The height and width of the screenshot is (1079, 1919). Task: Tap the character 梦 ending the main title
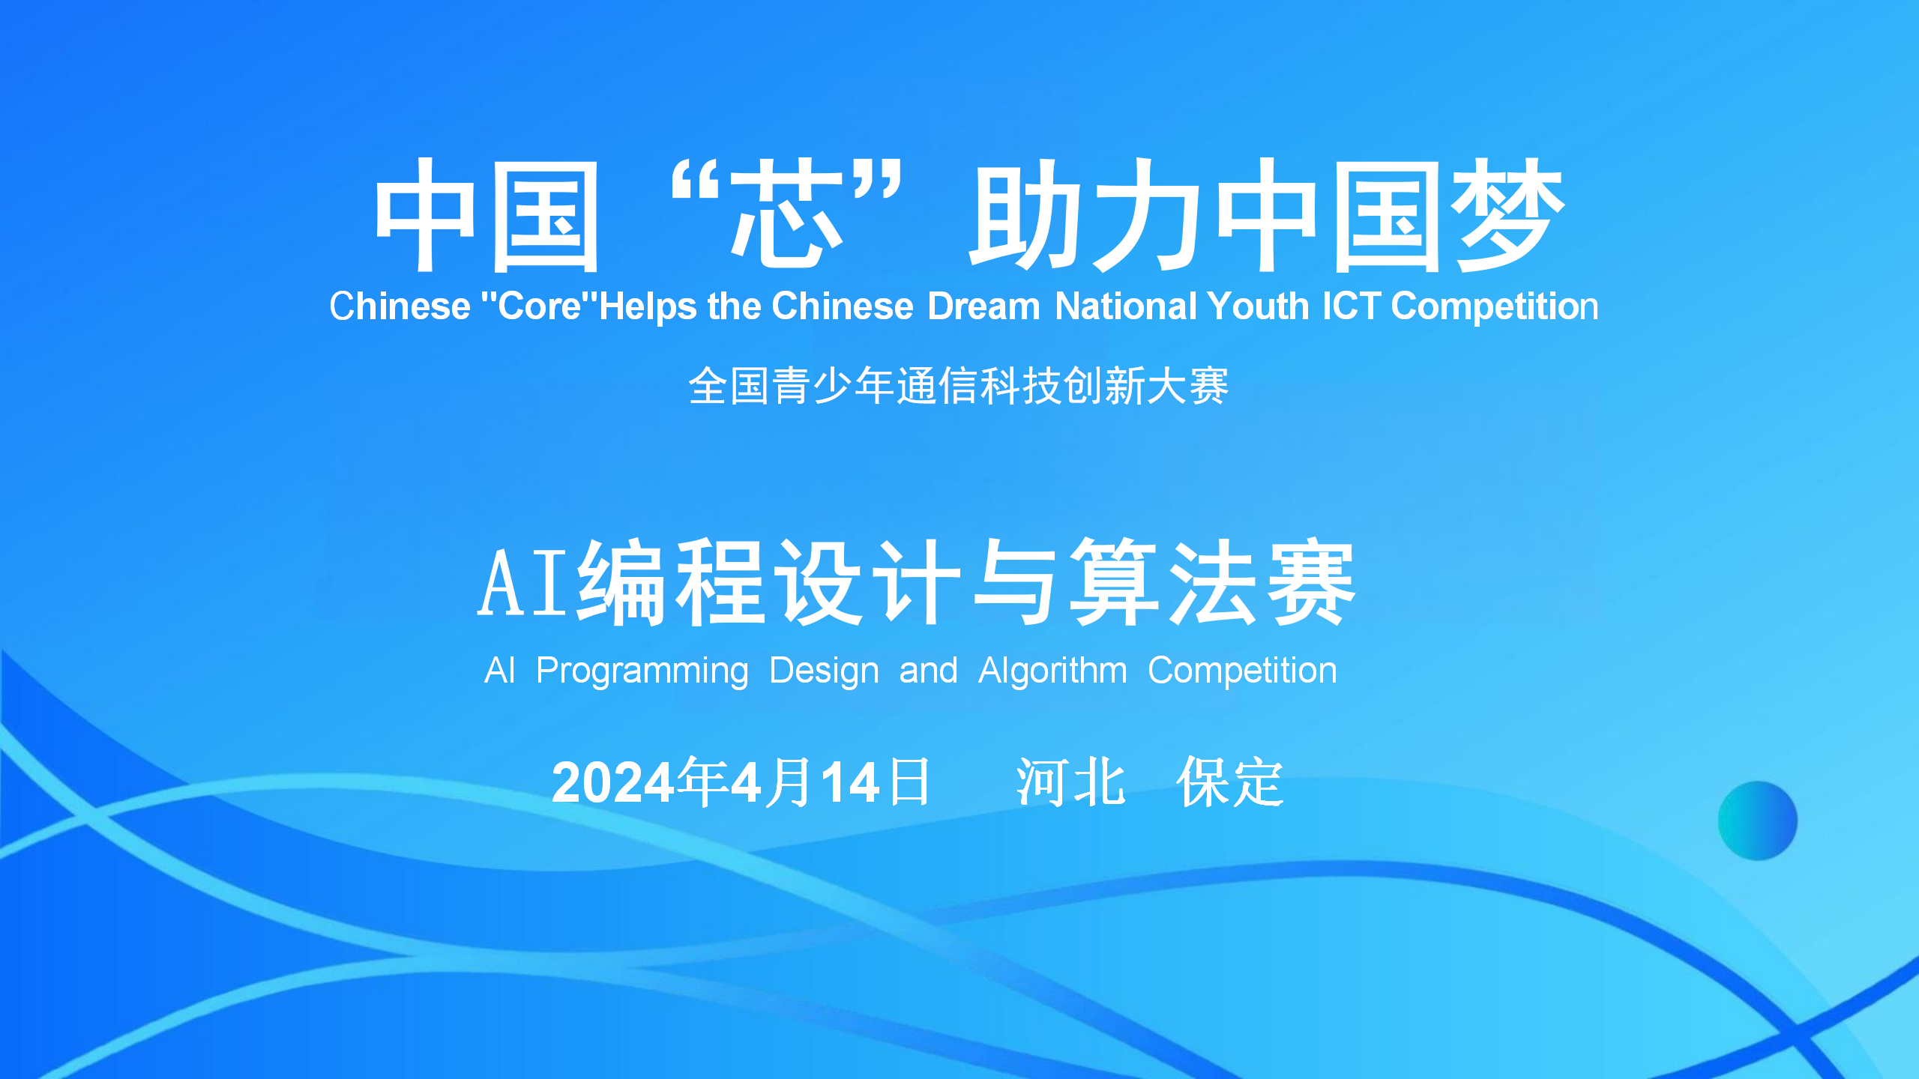tap(1507, 215)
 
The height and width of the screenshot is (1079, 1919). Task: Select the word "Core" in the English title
tap(539, 306)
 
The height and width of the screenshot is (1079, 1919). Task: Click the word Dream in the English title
tap(983, 306)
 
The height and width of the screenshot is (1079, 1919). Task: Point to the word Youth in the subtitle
tap(1258, 306)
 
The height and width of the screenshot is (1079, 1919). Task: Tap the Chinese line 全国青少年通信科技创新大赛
tap(958, 386)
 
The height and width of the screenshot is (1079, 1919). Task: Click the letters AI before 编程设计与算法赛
tap(523, 583)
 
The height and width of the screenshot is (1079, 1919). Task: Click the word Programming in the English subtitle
tap(642, 671)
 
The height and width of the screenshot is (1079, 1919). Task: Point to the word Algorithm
tap(1052, 671)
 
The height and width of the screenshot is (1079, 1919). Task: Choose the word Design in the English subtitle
tap(824, 671)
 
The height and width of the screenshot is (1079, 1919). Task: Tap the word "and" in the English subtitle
tap(928, 671)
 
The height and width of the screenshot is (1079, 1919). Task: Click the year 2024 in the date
tap(613, 783)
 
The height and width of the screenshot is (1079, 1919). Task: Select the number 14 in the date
tap(850, 783)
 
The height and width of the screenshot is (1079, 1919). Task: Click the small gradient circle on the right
tap(1758, 820)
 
